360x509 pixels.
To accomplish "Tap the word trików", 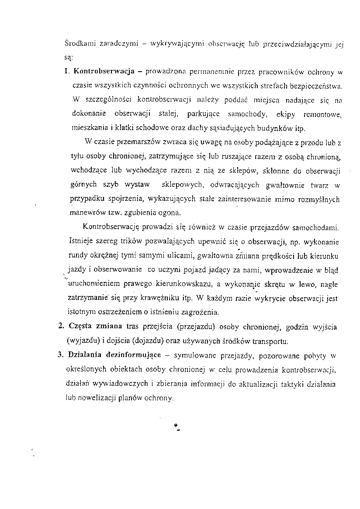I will coord(117,242).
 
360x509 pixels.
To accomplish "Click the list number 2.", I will coord(60,327).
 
